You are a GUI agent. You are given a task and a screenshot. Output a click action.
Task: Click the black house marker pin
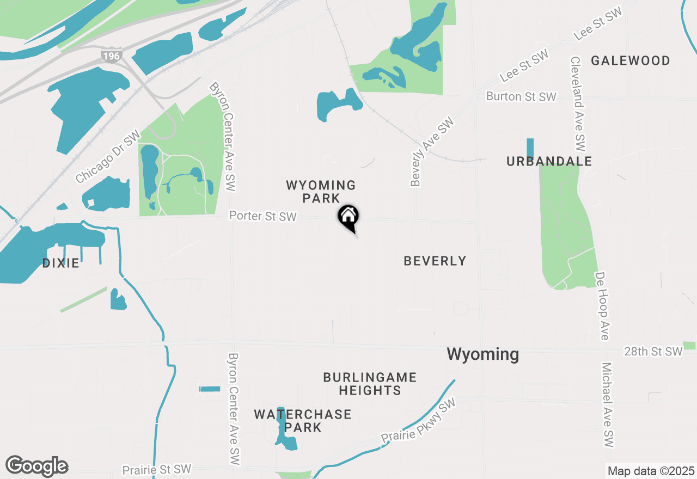click(x=348, y=217)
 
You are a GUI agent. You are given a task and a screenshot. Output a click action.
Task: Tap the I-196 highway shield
click(x=111, y=55)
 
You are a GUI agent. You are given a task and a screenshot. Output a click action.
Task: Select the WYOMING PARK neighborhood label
click(x=321, y=192)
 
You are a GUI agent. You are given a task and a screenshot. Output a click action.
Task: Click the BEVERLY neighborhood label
click(x=435, y=261)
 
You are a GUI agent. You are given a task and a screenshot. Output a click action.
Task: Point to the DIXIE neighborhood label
click(x=61, y=263)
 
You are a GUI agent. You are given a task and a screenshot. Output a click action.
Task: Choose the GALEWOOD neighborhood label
click(x=631, y=60)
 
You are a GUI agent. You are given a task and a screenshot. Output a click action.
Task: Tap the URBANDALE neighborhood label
click(x=549, y=161)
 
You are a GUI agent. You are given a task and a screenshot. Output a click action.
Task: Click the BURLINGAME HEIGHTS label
click(x=370, y=384)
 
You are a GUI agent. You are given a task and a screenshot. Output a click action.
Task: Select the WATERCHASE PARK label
click(x=303, y=421)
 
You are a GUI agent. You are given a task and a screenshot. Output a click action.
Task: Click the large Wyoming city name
click(x=482, y=354)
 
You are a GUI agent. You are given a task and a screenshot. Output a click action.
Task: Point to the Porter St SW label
click(x=263, y=216)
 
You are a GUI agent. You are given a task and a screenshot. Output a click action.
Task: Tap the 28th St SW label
click(x=653, y=352)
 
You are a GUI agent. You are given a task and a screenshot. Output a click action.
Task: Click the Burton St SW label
click(x=521, y=96)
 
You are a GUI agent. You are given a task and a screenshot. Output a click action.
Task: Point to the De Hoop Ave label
click(x=602, y=306)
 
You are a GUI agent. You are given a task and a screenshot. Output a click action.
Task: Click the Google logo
click(x=37, y=466)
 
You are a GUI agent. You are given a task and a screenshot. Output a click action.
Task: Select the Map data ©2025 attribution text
click(x=651, y=471)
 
